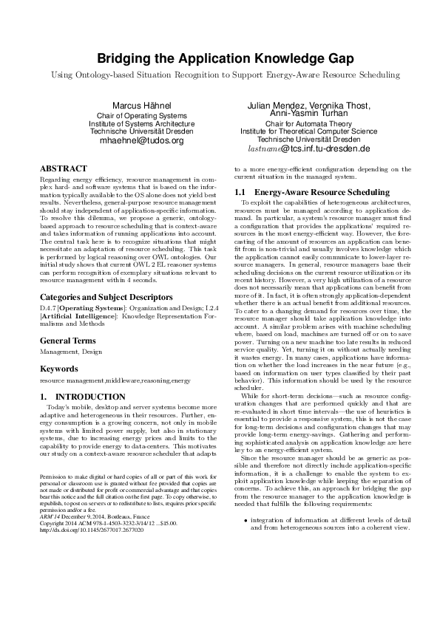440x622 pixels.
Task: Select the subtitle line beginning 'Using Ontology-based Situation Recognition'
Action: [x=220, y=75]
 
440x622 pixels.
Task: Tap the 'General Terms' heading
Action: [x=67, y=341]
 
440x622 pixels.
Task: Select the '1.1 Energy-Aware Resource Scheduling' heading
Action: [x=296, y=192]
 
